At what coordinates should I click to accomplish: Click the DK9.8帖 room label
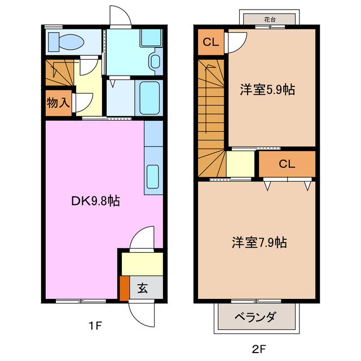95,200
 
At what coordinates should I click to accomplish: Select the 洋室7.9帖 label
259,243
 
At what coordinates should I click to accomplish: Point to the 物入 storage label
58,103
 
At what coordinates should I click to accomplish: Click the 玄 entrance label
142,288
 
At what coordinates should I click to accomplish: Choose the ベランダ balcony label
255,317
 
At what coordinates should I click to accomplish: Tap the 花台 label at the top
270,19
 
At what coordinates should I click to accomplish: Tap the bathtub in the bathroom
149,98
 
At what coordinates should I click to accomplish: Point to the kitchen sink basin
153,177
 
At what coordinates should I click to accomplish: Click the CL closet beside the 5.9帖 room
211,42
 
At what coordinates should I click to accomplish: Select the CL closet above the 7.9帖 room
287,164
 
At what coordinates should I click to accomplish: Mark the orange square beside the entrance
124,288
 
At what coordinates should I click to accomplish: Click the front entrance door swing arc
141,311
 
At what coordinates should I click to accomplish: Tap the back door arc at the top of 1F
120,14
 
